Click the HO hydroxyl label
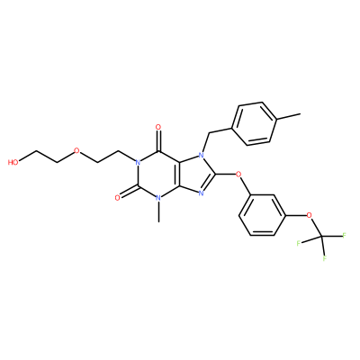(x=13, y=163)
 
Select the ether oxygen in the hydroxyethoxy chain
(x=76, y=150)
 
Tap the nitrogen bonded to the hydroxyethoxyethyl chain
(x=138, y=163)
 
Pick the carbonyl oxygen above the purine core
(x=158, y=128)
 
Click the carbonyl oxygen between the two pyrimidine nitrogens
(x=118, y=197)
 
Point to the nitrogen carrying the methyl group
(x=158, y=198)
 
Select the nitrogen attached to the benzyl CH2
(x=202, y=155)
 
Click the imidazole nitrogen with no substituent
(x=202, y=193)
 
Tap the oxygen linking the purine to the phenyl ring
(x=239, y=175)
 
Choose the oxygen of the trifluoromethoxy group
(x=310, y=215)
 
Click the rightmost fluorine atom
(x=344, y=235)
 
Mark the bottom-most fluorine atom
(x=325, y=258)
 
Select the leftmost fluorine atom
(x=299, y=242)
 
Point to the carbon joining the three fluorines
(x=321, y=237)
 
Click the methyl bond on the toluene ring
(x=288, y=117)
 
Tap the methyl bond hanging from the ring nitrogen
(x=158, y=211)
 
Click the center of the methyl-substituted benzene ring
(x=254, y=124)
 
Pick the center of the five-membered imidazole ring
(x=194, y=175)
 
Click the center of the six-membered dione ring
(x=158, y=175)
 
